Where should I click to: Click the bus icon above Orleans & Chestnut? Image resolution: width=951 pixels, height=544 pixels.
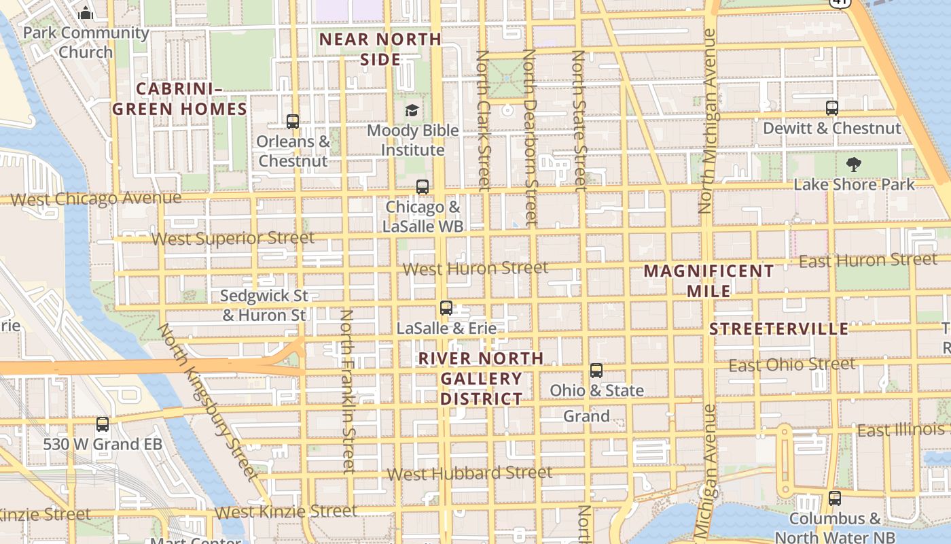[x=293, y=122]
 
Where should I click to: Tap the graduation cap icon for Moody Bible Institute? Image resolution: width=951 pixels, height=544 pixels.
[x=412, y=110]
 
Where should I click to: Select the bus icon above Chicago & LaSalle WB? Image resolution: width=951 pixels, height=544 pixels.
[x=423, y=187]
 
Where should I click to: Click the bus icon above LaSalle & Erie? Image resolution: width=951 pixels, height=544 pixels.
[x=446, y=308]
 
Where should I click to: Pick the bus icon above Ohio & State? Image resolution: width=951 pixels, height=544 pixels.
[x=596, y=371]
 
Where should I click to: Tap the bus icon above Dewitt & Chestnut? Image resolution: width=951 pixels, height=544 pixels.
[x=832, y=107]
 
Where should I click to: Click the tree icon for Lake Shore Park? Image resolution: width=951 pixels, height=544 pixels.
[x=853, y=164]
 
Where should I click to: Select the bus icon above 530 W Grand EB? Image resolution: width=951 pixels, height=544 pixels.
[x=103, y=424]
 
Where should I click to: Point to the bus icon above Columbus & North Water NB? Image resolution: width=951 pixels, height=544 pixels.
[x=835, y=498]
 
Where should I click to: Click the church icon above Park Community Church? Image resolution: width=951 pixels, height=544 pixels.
[x=86, y=13]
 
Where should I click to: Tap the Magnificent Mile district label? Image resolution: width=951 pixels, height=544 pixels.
[x=708, y=281]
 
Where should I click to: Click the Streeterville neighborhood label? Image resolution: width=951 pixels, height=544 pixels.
[x=779, y=329]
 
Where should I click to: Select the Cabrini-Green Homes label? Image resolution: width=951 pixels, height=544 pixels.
[x=179, y=99]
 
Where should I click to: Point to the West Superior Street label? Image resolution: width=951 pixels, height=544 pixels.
[x=233, y=239]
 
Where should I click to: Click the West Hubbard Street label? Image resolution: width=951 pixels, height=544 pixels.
[x=469, y=473]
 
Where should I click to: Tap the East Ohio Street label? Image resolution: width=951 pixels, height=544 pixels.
[x=792, y=365]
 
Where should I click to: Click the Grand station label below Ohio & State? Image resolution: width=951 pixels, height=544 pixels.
[x=586, y=416]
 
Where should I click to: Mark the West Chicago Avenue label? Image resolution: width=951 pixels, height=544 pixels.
[x=96, y=199]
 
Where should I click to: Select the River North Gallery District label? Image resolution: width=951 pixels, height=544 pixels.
[x=481, y=378]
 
